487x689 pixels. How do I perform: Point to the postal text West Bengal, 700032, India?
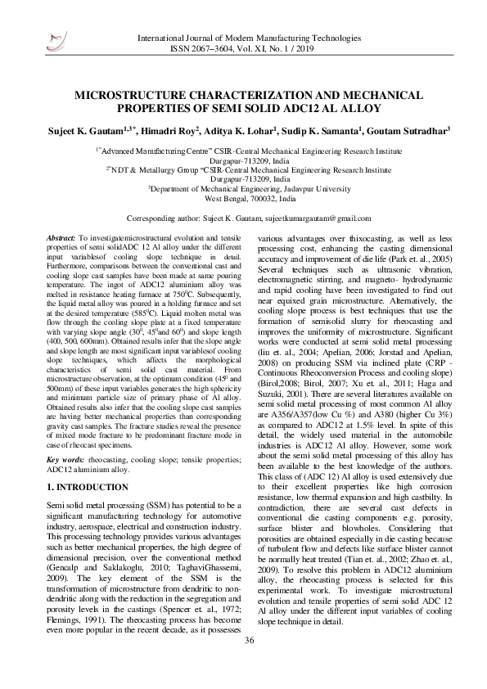click(250, 199)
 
